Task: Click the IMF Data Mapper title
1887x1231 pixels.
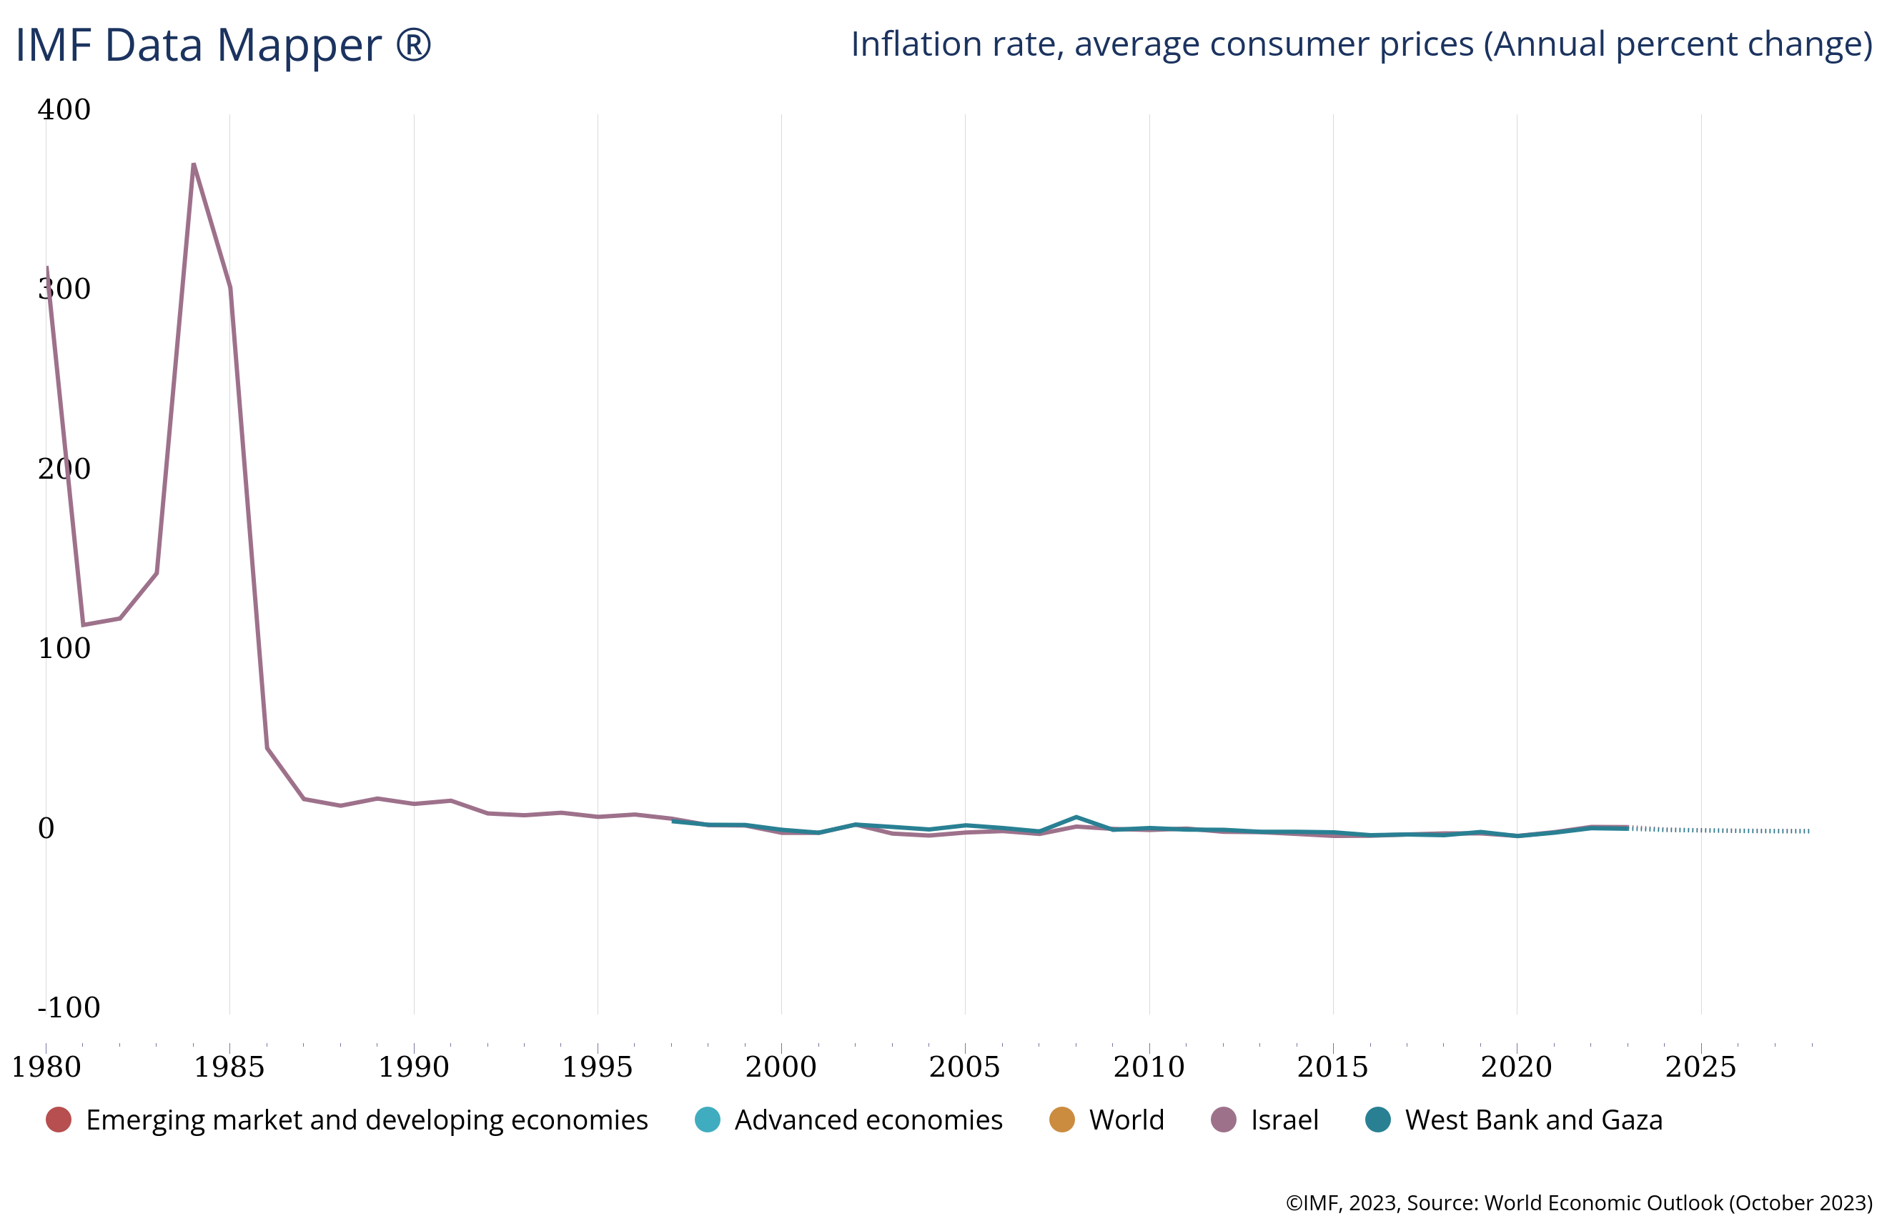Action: [223, 45]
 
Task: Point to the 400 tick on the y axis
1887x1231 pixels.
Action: [64, 109]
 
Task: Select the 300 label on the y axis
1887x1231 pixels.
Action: [64, 289]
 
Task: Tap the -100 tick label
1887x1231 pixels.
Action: [69, 1007]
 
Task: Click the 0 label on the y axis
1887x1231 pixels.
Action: [46, 828]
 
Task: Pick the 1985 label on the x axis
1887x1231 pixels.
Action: [229, 1067]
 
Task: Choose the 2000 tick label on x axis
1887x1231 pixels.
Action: [781, 1067]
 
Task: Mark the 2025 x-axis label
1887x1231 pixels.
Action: [1700, 1067]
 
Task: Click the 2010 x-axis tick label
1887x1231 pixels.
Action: [1149, 1067]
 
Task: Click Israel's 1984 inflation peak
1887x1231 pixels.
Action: [194, 164]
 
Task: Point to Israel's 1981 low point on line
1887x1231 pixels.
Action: [83, 624]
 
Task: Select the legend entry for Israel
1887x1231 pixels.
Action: [1284, 1120]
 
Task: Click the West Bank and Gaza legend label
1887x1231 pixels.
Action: [1533, 1120]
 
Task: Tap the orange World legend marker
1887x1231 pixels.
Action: [1061, 1120]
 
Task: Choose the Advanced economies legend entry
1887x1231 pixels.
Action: [868, 1120]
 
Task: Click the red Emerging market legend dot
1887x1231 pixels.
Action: [59, 1120]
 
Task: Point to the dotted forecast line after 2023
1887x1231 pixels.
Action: [1720, 830]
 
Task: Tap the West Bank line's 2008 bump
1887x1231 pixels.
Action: [1076, 817]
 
